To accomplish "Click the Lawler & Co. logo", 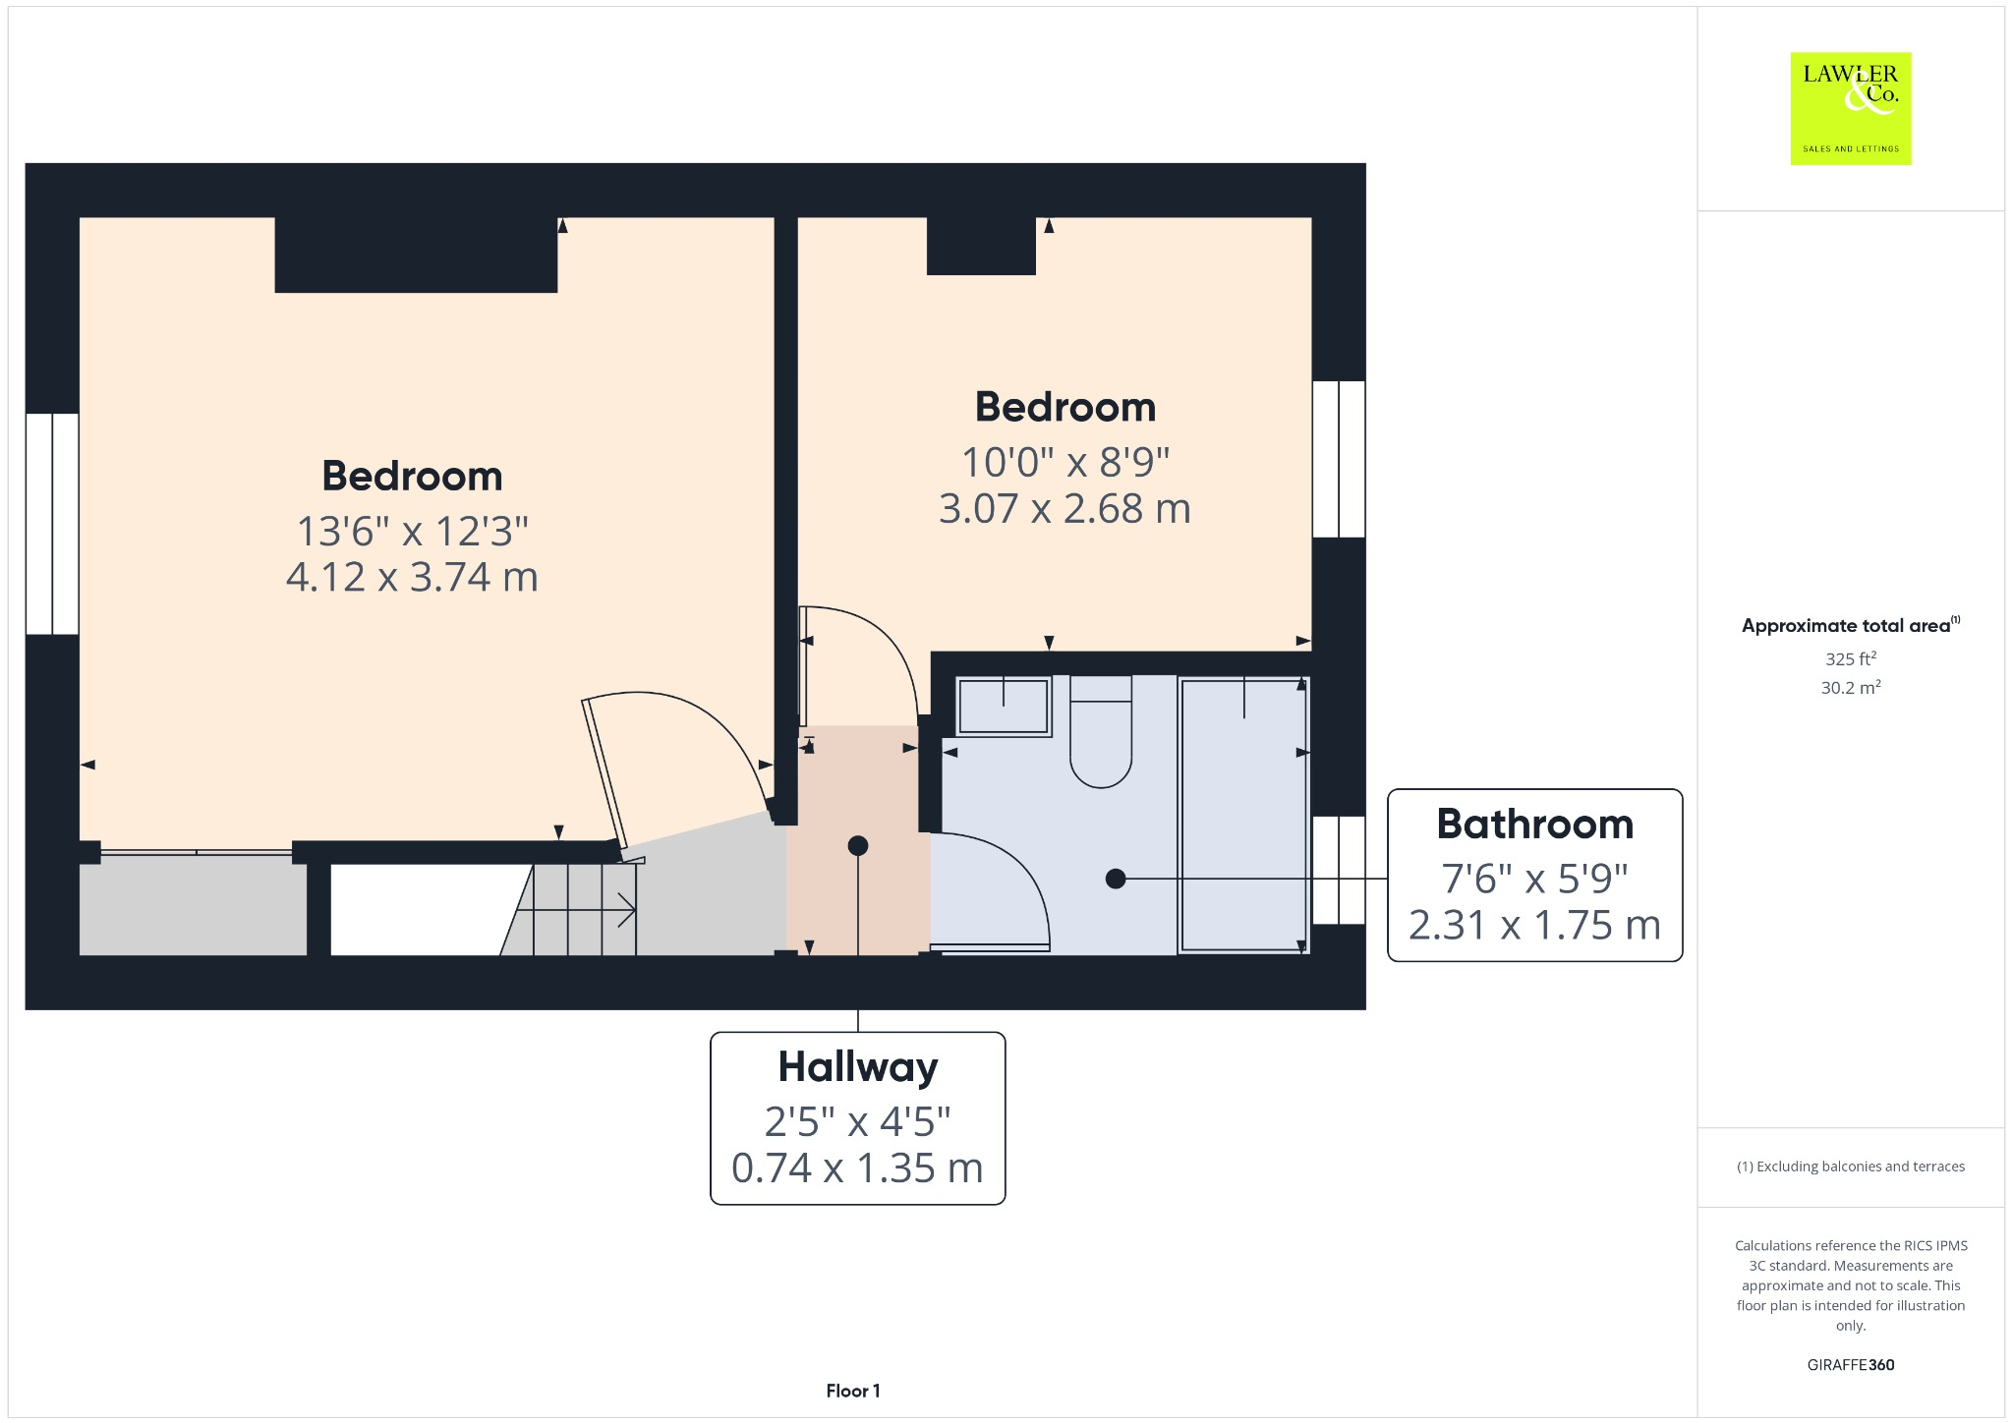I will click(x=1850, y=108).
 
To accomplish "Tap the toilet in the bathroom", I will click(x=1100, y=732).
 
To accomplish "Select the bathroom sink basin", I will click(x=1003, y=706).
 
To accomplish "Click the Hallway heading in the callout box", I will click(x=857, y=1066).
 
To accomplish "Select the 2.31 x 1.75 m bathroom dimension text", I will click(x=1534, y=925).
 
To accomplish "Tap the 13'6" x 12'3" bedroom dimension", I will click(x=412, y=531).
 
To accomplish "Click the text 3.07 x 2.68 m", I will click(x=1064, y=508).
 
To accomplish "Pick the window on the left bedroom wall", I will click(x=52, y=524).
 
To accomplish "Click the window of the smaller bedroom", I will click(x=1339, y=459).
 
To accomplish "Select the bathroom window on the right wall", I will click(x=1339, y=870).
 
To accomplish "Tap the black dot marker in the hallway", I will click(x=857, y=845).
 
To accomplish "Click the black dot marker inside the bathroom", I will click(x=1115, y=879).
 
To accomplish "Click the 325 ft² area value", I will click(x=1850, y=658).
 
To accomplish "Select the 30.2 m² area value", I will click(x=1850, y=688).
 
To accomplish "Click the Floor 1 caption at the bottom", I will click(x=852, y=1391).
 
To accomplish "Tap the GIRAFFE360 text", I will click(x=1850, y=1364).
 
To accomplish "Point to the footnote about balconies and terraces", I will click(x=1850, y=1167).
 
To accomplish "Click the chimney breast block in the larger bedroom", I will click(x=416, y=255).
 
